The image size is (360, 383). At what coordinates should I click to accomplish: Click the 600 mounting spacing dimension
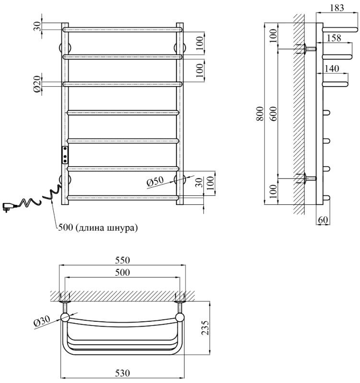coord(274,113)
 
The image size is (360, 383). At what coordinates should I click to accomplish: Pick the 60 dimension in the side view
coord(323,220)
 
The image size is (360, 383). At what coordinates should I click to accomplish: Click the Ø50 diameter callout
coord(155,182)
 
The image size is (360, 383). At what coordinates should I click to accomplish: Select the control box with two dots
coord(65,155)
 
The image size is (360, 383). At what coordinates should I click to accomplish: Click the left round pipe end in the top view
coord(65,317)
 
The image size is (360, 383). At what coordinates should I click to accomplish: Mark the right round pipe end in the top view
coord(181,317)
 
